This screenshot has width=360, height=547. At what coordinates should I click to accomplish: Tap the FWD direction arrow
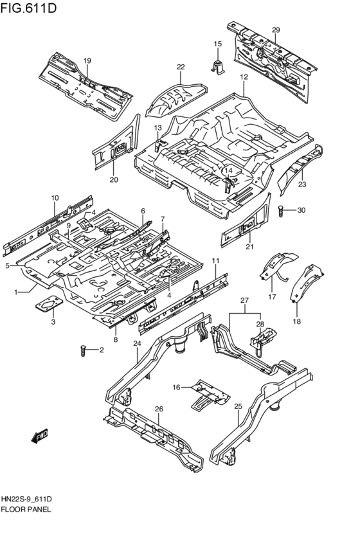pyautogui.click(x=40, y=436)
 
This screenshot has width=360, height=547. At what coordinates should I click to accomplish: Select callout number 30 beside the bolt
pyautogui.click(x=301, y=210)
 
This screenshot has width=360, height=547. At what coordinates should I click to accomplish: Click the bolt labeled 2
pyautogui.click(x=83, y=350)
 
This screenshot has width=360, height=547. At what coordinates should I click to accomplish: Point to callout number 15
pyautogui.click(x=217, y=44)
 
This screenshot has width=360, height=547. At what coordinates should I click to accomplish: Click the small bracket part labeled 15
pyautogui.click(x=217, y=64)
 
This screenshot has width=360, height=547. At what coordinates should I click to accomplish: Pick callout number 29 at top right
pyautogui.click(x=276, y=30)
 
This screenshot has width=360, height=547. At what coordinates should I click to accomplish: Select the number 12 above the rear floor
pyautogui.click(x=244, y=77)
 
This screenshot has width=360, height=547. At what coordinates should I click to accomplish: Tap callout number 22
pyautogui.click(x=181, y=67)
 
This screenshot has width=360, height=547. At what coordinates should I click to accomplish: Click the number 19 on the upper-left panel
pyautogui.click(x=87, y=60)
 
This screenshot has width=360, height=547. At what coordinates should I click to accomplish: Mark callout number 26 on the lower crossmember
pyautogui.click(x=159, y=409)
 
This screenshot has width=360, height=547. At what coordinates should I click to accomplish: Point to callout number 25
pyautogui.click(x=237, y=406)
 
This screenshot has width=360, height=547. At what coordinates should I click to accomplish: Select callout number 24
pyautogui.click(x=136, y=343)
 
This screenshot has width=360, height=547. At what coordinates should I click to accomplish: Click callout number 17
pyautogui.click(x=271, y=296)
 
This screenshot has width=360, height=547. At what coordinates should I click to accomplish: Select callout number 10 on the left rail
pyautogui.click(x=55, y=197)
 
